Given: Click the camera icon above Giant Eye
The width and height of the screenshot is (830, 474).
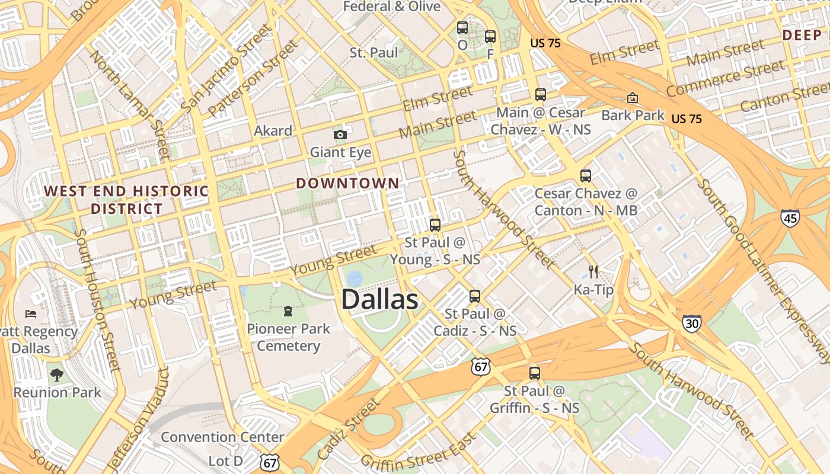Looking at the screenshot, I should [x=340, y=135].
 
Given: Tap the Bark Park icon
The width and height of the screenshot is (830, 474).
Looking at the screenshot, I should [x=633, y=98].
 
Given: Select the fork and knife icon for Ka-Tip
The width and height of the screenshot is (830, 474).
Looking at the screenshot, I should [x=593, y=272].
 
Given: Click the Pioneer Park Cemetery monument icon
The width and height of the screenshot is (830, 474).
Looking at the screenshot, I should [x=288, y=311].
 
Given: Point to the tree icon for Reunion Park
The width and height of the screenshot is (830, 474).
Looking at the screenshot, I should [x=57, y=374].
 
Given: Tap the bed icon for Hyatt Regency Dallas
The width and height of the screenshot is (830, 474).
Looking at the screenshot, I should [x=31, y=313].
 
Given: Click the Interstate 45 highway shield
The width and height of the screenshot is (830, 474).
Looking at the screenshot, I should [x=790, y=217].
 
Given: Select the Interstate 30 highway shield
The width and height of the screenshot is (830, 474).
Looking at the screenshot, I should [x=691, y=323].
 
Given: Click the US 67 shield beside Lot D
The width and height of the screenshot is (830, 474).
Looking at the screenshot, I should [x=269, y=462].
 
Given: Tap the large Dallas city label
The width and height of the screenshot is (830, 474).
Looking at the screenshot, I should [x=379, y=300].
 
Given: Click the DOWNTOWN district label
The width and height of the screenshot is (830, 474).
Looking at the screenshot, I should [x=348, y=183].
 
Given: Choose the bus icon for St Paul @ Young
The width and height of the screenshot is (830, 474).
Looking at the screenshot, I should [x=435, y=225].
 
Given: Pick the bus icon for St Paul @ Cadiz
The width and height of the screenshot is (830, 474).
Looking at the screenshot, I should [x=474, y=296].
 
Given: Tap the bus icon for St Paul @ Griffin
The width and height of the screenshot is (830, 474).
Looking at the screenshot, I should [x=535, y=373].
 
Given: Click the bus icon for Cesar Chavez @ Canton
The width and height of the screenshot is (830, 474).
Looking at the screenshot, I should [x=586, y=176].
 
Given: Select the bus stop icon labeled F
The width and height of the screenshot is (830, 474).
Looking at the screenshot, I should [x=490, y=37].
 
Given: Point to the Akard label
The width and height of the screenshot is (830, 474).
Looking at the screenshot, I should [x=273, y=130].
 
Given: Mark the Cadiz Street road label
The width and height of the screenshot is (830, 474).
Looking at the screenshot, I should [x=347, y=430].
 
